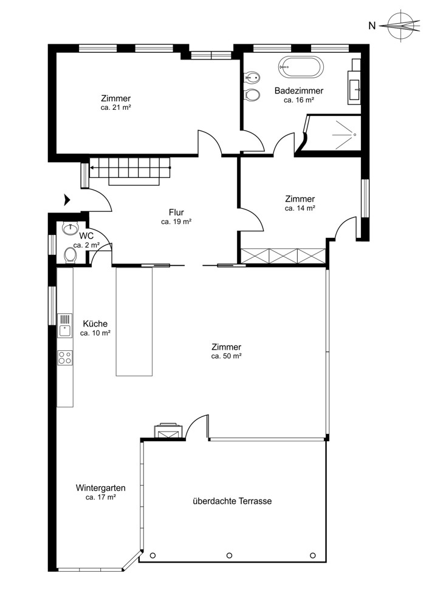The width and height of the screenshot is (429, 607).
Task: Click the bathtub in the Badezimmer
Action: tap(301, 67)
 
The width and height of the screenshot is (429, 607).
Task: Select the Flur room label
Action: tap(176, 212)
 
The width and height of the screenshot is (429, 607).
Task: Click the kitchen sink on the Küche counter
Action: tap(64, 325)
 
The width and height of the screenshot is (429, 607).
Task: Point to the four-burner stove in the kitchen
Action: tap(65, 358)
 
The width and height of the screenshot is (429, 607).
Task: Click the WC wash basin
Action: tap(70, 229)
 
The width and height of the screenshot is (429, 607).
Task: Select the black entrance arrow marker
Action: tap(67, 200)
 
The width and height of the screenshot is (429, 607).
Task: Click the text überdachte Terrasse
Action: tap(232, 501)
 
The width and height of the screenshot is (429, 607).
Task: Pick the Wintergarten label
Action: tap(100, 488)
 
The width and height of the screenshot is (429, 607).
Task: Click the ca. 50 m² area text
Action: tap(226, 356)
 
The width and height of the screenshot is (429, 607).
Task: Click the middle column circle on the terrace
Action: tap(229, 555)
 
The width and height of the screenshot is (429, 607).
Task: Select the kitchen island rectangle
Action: tap(134, 321)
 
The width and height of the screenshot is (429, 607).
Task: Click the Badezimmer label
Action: tap(299, 90)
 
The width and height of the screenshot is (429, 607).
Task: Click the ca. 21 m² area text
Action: tap(115, 107)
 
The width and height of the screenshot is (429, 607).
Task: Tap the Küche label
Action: tap(95, 324)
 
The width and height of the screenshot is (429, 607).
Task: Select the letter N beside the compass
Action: tap(372, 26)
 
